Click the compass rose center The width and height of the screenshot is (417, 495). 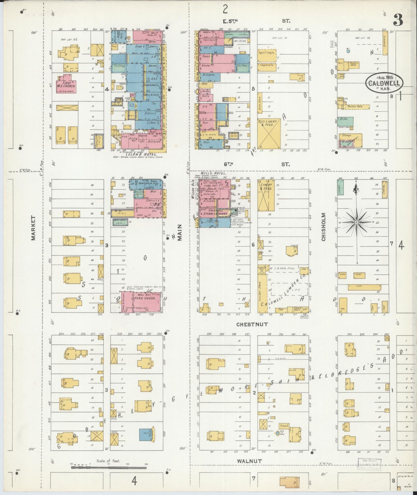(357, 222)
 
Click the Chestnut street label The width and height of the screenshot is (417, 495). (252, 324)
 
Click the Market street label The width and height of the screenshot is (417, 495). (33, 228)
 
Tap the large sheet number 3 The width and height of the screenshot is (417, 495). (398, 20)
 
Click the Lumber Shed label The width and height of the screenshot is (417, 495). (260, 292)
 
